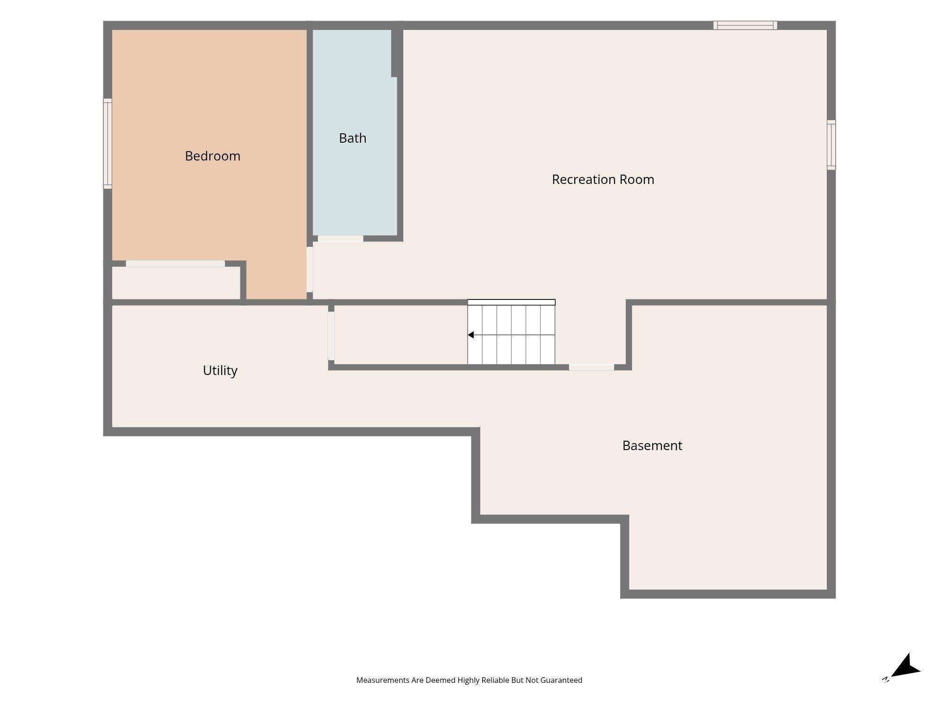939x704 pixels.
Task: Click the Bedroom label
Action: pos(213,156)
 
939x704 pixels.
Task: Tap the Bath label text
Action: pos(353,138)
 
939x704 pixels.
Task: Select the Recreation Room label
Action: pos(603,179)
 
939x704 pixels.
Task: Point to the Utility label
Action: pos(220,371)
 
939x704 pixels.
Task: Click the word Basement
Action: pos(652,445)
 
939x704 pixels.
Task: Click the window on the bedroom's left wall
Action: pos(108,144)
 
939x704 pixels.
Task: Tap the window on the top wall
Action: pos(745,25)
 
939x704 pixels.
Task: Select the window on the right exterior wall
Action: pos(831,145)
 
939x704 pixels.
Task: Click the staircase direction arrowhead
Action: pos(470,335)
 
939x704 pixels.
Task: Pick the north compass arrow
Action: pos(905,667)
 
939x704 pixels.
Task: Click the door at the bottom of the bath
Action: pos(340,238)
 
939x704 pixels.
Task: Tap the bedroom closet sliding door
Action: pos(175,264)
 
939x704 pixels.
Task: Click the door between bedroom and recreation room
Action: pos(310,269)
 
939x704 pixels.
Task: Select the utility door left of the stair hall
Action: pos(331,336)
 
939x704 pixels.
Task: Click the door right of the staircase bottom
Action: pos(592,367)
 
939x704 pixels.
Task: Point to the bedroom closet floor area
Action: pos(176,283)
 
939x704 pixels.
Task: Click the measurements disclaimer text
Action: pos(469,680)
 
